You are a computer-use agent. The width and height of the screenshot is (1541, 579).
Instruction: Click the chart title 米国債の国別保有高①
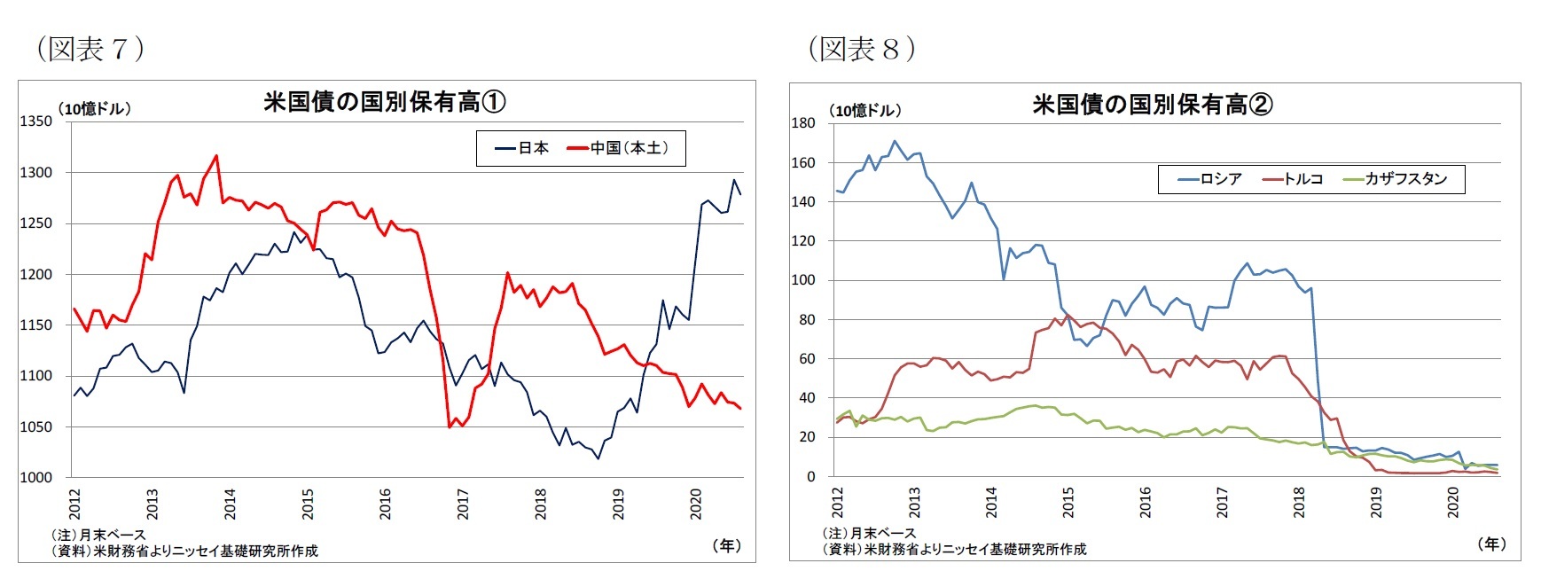click(x=385, y=102)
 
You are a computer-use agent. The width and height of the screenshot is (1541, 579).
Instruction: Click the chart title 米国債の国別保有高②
click(x=1152, y=105)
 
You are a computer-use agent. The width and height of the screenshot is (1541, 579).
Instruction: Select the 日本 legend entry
click(x=523, y=148)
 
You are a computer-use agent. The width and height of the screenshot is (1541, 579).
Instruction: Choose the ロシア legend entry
click(x=1210, y=179)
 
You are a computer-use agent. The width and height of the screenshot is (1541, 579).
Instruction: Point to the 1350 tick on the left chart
click(x=36, y=121)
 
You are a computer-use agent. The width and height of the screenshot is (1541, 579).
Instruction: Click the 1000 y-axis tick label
click(x=36, y=477)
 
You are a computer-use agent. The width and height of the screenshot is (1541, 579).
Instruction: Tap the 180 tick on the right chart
click(x=802, y=123)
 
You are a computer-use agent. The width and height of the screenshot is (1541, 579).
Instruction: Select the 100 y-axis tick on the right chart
click(x=802, y=280)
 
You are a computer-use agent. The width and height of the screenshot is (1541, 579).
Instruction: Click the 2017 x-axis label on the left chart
click(x=463, y=504)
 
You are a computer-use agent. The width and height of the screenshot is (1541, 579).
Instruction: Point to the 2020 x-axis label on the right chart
click(x=1452, y=503)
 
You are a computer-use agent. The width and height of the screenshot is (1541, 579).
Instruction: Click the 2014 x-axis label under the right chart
click(x=991, y=503)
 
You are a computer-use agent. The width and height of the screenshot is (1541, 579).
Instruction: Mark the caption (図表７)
click(x=90, y=49)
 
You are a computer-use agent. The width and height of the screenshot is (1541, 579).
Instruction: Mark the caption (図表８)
click(x=861, y=49)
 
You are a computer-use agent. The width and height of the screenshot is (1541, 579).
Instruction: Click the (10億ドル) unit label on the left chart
click(x=94, y=109)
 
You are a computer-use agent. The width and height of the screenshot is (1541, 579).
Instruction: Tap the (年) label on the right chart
click(x=1492, y=544)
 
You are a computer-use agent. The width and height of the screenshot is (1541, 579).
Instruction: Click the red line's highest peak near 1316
click(x=216, y=156)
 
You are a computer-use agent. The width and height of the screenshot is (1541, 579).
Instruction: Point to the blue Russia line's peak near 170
click(x=895, y=141)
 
